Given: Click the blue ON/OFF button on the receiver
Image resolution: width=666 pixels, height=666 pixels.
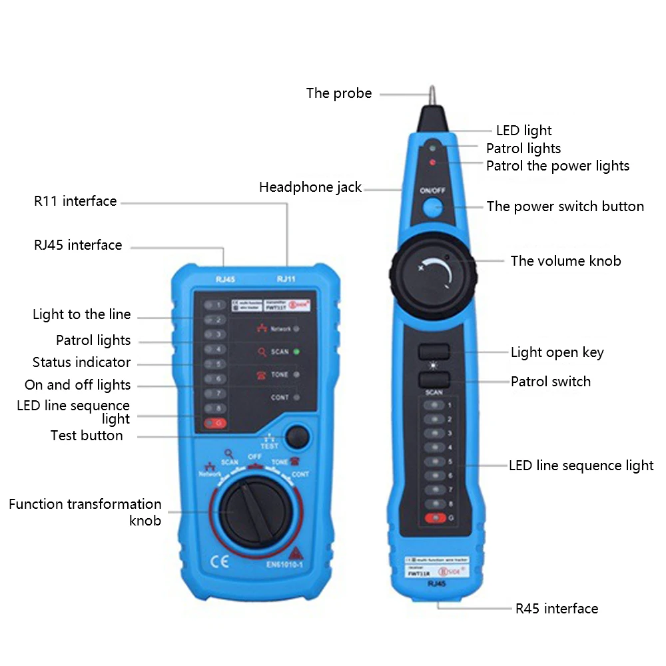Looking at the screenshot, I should pyautogui.click(x=433, y=207).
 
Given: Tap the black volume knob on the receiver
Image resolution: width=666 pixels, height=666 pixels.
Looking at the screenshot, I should pyautogui.click(x=434, y=270).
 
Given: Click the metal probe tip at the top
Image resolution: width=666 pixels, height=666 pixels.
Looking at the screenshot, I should pyautogui.click(x=432, y=95).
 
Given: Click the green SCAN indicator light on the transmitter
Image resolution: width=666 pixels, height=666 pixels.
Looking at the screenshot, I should pyautogui.click(x=296, y=352).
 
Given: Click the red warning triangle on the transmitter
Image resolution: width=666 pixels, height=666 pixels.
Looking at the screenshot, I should pyautogui.click(x=294, y=552).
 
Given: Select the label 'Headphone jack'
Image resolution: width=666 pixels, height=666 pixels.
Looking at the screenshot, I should pyautogui.click(x=310, y=188).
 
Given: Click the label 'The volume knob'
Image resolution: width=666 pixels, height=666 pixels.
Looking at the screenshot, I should pyautogui.click(x=565, y=261).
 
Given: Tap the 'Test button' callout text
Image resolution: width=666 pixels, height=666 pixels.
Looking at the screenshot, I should pyautogui.click(x=87, y=436).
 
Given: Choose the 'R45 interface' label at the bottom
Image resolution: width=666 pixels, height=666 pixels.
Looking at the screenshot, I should pyautogui.click(x=557, y=608).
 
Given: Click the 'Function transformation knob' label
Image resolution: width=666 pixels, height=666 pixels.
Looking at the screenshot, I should pyautogui.click(x=85, y=512).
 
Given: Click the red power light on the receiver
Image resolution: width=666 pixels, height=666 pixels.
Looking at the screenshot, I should pyautogui.click(x=433, y=162).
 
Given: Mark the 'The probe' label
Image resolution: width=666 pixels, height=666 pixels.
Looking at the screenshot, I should pyautogui.click(x=339, y=93).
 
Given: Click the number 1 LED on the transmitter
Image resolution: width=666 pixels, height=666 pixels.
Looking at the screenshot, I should pyautogui.click(x=215, y=305).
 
